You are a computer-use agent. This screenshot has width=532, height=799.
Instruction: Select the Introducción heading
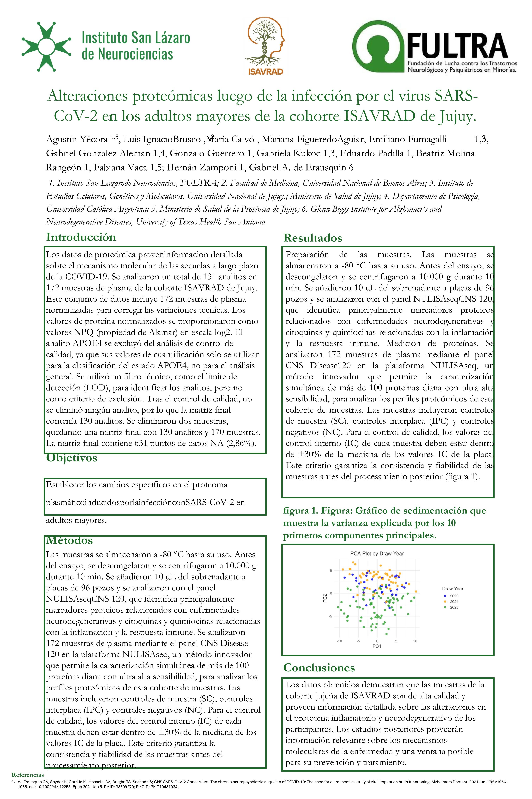[81, 237]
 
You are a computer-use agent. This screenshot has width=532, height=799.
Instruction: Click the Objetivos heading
[72, 458]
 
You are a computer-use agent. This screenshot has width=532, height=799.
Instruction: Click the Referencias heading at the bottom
[28, 775]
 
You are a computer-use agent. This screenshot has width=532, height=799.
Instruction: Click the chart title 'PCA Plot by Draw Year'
[377, 553]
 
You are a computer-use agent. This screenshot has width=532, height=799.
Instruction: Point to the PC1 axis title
[377, 646]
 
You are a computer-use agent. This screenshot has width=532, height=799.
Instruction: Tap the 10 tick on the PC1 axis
[415, 641]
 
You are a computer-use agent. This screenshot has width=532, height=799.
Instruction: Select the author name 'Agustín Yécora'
[77, 139]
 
